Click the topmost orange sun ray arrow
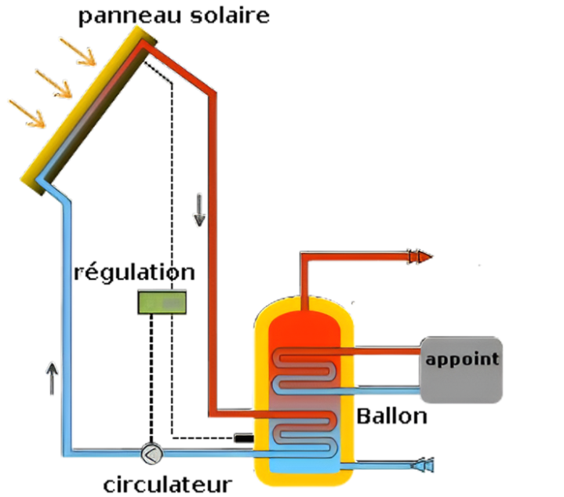(78, 52)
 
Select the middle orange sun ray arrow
(53, 82)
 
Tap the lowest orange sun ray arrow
(27, 113)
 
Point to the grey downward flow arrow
(200, 210)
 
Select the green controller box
(162, 302)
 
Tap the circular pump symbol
(151, 454)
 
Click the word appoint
(461, 360)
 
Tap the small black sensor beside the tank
(244, 437)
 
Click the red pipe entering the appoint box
(384, 351)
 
